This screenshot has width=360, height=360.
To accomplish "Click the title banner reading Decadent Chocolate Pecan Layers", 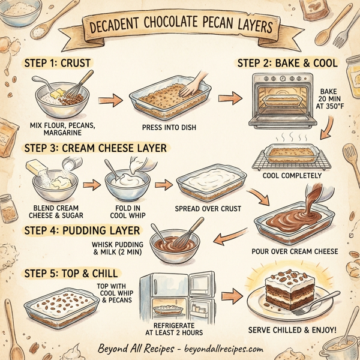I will click(179, 28).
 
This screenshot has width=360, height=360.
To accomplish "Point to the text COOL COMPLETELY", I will click(293, 176).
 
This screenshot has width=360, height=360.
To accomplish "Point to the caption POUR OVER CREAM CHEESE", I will click(296, 251).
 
